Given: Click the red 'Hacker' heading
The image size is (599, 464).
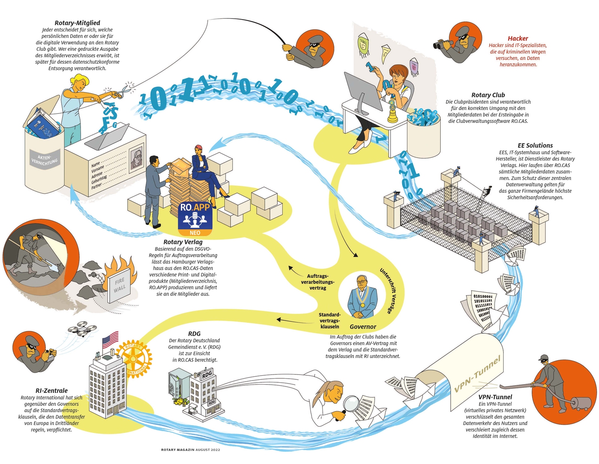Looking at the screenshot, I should coord(518,38).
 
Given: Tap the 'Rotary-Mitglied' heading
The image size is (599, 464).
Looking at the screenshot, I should coord(77,23).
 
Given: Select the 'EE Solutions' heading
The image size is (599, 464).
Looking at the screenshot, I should coord(535,145).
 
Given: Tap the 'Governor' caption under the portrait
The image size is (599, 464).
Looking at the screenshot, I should coord(363,327).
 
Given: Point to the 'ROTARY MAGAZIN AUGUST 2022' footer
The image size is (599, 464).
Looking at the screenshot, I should coord(190,449).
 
